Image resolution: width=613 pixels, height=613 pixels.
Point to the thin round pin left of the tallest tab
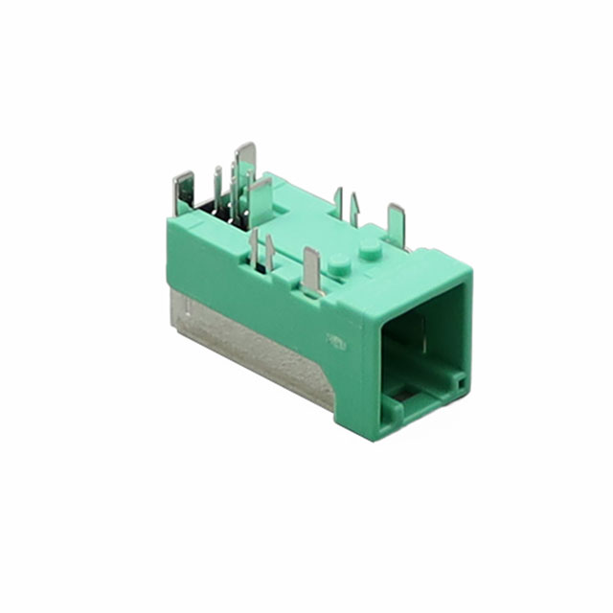pyautogui.click(x=217, y=185)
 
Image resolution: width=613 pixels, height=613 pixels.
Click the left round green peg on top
pyautogui.click(x=337, y=262)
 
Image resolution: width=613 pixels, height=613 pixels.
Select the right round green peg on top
pyautogui.click(x=369, y=248)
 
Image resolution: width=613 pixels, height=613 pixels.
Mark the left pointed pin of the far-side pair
pyautogui.click(x=338, y=202)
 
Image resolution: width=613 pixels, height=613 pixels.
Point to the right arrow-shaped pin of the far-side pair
pyautogui.click(x=354, y=208)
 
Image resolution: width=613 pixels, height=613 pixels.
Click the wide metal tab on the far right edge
pyautogui.click(x=396, y=222)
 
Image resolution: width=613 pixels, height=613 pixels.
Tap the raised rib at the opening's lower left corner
pyautogui.click(x=391, y=407)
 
